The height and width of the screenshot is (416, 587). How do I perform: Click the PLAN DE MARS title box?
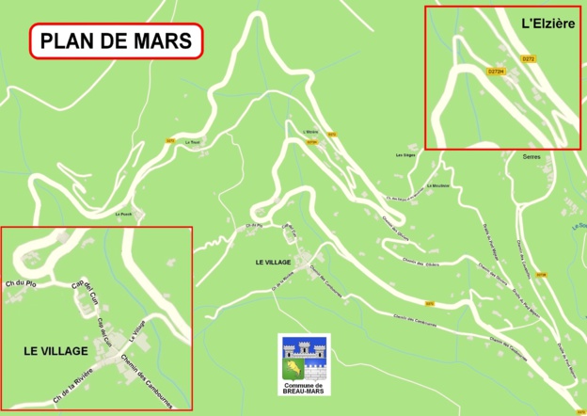coord(117,41)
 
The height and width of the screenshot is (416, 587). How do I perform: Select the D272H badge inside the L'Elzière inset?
coord(497,72)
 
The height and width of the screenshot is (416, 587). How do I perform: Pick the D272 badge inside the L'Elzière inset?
coord(528,59)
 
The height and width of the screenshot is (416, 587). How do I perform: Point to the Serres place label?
coord(531,157)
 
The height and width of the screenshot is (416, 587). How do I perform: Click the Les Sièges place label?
coord(405,154)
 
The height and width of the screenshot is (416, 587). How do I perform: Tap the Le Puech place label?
coord(123,215)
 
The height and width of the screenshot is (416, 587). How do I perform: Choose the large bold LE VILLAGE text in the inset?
coord(56,351)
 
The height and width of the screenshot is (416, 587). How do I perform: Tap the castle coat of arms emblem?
coord(303,358)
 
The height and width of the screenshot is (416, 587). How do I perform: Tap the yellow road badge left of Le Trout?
coord(170,141)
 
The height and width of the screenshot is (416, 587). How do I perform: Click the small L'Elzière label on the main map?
coord(311,132)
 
